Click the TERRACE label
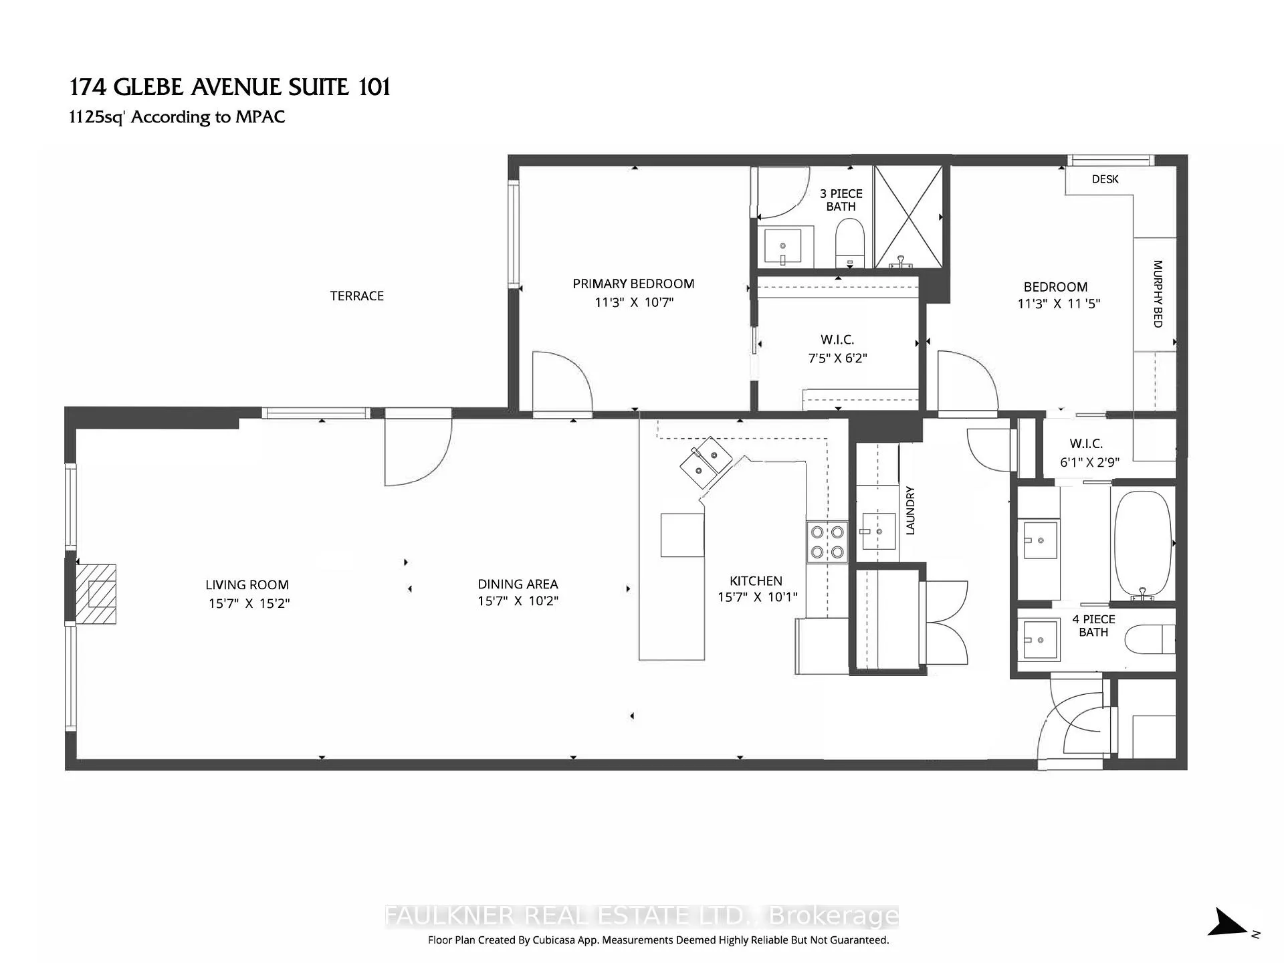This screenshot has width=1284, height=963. click(x=356, y=296)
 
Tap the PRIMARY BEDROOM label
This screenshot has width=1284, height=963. click(x=633, y=284)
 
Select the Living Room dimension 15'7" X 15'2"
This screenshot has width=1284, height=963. click(x=249, y=603)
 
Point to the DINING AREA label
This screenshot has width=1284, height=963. click(x=518, y=584)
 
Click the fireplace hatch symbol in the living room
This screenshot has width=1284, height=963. click(x=95, y=594)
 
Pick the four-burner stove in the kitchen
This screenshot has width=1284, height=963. click(x=827, y=542)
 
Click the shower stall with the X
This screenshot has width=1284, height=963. click(x=908, y=217)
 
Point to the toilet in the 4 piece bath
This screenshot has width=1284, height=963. click(x=1150, y=639)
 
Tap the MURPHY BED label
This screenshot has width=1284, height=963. click(x=1158, y=294)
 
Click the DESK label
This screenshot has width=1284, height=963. click(x=1105, y=179)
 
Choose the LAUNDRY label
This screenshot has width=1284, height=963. click(x=909, y=511)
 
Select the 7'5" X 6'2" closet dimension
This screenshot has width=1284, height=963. click(x=837, y=358)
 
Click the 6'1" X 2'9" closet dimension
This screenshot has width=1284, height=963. click(x=1089, y=462)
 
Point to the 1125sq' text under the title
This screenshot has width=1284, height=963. click(x=98, y=117)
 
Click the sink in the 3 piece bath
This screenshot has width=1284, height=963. click(x=782, y=246)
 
